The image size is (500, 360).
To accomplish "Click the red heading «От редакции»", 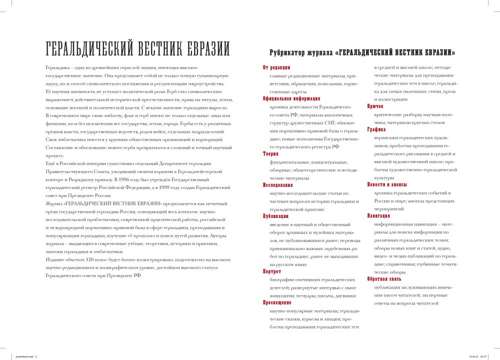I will (276, 67).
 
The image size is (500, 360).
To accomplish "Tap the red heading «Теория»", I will (270, 154).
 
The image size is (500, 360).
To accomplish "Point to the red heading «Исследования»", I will (278, 184).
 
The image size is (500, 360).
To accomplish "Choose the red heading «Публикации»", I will (276, 216).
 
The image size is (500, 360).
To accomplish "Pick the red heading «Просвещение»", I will (277, 302).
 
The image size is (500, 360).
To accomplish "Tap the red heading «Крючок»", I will (375, 106).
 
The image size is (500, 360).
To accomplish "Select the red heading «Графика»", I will (376, 129).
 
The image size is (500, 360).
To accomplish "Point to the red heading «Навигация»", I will (378, 216).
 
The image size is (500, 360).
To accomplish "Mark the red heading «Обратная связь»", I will (384, 279).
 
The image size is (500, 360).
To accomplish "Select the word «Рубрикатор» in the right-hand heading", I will (288, 52).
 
